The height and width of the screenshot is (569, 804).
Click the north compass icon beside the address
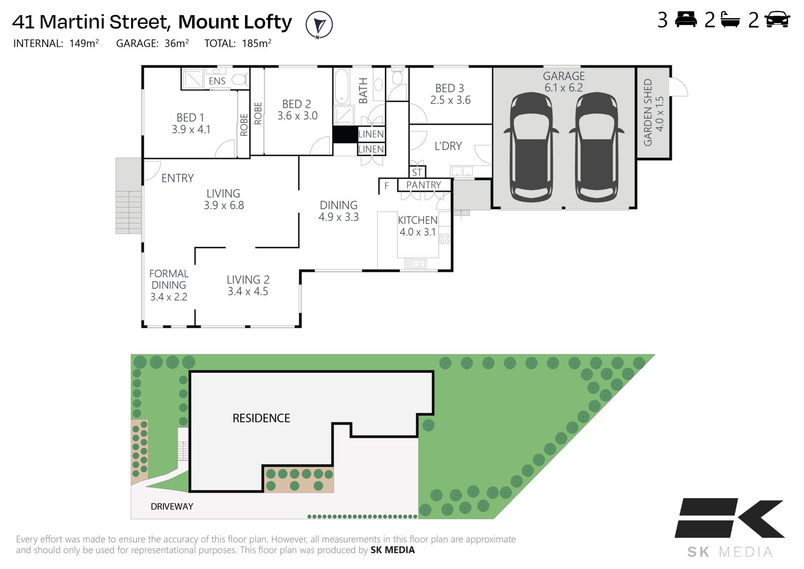(319, 25)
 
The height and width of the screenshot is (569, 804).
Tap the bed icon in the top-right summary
(686, 20)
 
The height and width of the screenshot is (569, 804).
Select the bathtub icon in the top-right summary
(730, 20)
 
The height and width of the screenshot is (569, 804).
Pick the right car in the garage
(596, 147)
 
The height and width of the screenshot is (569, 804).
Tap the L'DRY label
(448, 146)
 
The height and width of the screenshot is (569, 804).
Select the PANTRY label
(423, 185)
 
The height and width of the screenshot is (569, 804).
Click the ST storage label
(417, 172)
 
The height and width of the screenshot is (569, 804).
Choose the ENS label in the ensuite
(217, 81)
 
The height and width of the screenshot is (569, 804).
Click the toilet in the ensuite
(240, 79)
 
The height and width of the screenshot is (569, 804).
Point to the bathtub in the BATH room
(341, 86)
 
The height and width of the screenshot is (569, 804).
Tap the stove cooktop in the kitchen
(444, 239)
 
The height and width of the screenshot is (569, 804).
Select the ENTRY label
(178, 178)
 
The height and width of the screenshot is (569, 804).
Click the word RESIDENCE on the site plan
(261, 418)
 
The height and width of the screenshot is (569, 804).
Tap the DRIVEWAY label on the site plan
(172, 507)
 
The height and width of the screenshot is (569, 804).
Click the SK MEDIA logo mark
(729, 518)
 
